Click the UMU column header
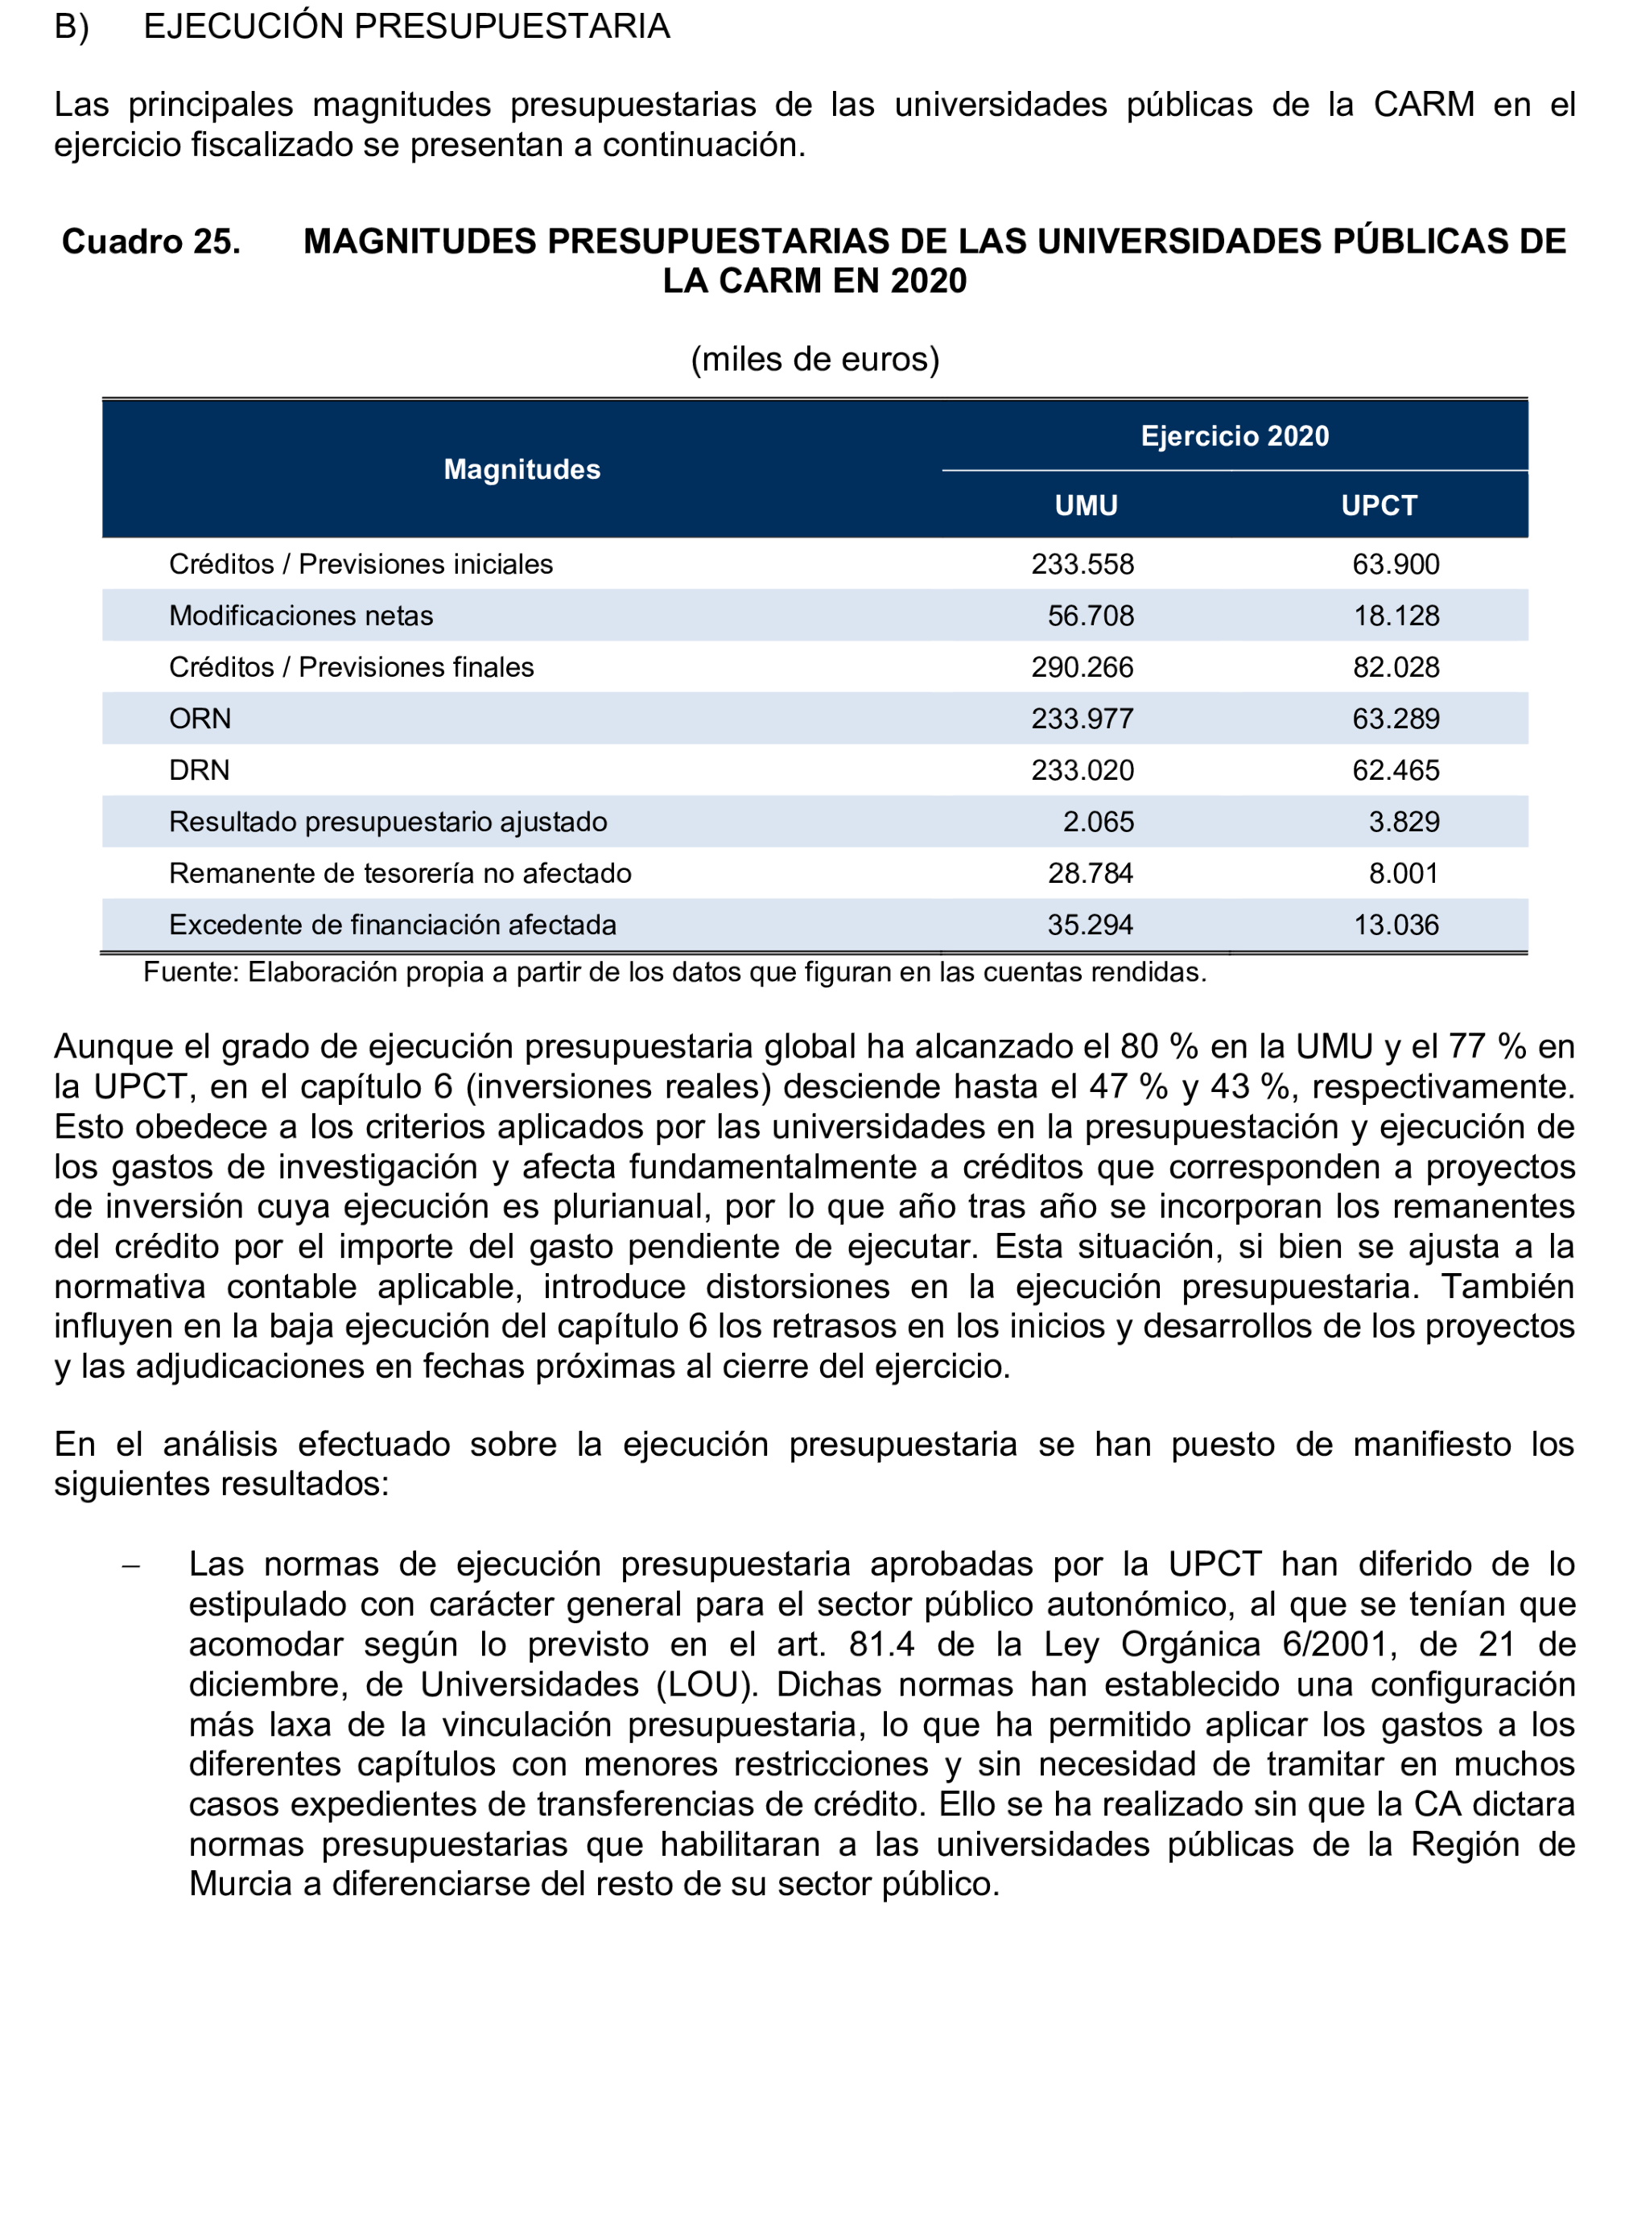coord(1086,505)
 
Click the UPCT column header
coord(1379,505)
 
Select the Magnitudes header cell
coord(522,469)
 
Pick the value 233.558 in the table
coord(1083,564)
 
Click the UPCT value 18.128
coord(1396,616)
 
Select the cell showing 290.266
coord(1083,667)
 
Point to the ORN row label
coord(200,719)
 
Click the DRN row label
coord(199,770)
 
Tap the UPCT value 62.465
coord(1396,770)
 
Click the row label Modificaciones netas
coord(301,616)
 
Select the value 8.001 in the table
coord(1403,873)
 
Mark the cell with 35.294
coord(1090,925)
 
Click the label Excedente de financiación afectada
coord(393,925)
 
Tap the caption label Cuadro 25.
coord(151,241)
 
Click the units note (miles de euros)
coord(814,359)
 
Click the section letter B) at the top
coord(71,27)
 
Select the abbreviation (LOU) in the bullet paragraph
coord(706,1684)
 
